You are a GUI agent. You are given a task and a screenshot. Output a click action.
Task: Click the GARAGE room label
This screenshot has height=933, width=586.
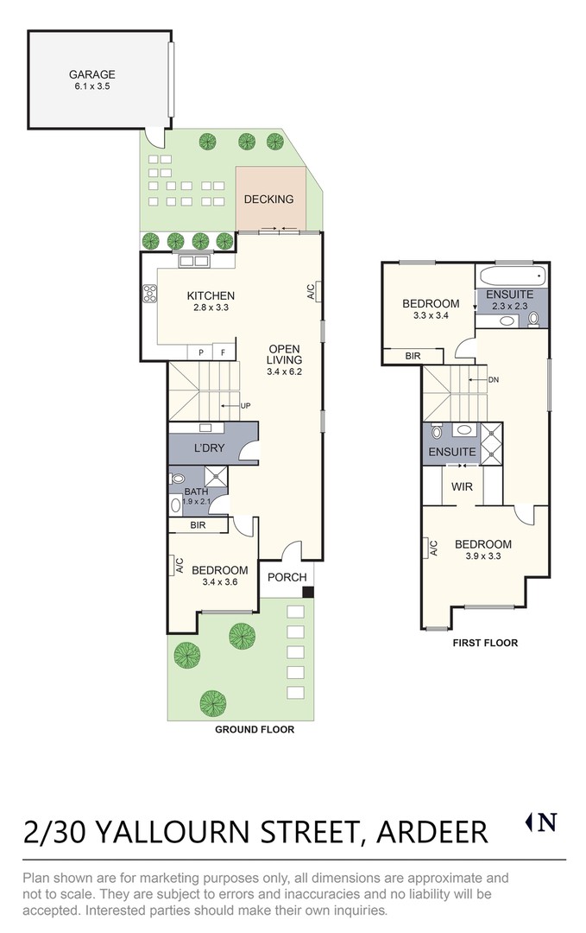(92, 74)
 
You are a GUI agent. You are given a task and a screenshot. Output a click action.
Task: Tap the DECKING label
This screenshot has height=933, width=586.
(268, 200)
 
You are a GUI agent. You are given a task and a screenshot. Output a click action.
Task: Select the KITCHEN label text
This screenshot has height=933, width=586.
(211, 295)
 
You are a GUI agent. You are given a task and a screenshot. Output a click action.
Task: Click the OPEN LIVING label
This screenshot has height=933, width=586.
(284, 354)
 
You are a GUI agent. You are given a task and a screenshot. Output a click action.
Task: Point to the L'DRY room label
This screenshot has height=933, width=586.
(209, 448)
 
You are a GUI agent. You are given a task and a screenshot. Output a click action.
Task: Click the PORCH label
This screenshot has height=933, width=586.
(287, 577)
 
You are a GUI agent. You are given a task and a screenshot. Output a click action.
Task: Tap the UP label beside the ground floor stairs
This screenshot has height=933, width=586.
(245, 406)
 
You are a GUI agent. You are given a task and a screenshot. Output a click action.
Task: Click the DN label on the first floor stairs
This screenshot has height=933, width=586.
(494, 379)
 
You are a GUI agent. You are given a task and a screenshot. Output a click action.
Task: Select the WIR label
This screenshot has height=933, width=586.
(462, 486)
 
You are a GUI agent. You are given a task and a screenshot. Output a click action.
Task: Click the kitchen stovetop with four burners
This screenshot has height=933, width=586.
(149, 294)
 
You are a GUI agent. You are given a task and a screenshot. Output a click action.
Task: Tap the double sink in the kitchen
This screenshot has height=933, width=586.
(194, 260)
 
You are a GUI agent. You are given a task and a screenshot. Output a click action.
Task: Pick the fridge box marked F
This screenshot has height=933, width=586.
(224, 352)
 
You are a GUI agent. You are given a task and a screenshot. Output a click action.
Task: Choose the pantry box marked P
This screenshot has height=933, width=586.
(201, 352)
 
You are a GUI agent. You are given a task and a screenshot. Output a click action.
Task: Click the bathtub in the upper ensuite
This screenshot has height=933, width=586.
(511, 276)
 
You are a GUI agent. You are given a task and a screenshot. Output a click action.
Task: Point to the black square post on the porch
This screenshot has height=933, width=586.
(308, 592)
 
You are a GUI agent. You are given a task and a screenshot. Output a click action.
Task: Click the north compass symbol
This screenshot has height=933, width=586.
(542, 822)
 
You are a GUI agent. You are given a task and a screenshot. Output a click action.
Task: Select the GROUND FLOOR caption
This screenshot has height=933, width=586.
(255, 729)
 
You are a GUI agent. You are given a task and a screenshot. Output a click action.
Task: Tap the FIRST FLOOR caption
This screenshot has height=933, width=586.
(485, 643)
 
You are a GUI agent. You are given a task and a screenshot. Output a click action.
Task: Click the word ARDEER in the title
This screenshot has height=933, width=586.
(432, 832)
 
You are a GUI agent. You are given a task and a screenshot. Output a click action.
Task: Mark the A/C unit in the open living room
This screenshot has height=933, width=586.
(318, 291)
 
